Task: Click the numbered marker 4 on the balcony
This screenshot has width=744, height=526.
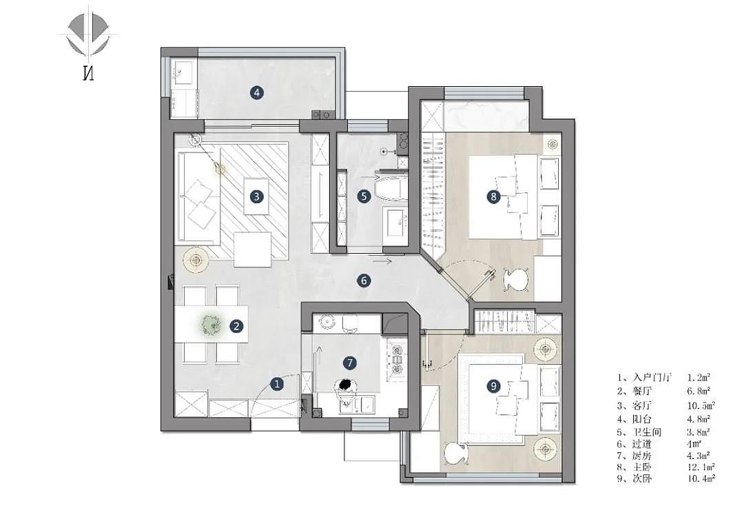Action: coord(257,92)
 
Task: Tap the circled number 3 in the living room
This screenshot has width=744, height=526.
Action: coord(256,196)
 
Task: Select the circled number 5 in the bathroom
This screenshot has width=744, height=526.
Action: coord(364,196)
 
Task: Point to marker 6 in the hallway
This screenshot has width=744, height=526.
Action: coord(364,281)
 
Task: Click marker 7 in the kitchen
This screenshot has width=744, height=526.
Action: coord(350,363)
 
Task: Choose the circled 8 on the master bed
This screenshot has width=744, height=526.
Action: coord(493,196)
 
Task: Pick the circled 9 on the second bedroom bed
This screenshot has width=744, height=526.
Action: coord(493,386)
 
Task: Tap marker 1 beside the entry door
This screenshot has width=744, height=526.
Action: coord(277,383)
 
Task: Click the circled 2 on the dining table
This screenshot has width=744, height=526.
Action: coord(236,325)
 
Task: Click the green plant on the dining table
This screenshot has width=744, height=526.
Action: coord(209,325)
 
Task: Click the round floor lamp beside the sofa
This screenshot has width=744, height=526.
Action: coord(196,260)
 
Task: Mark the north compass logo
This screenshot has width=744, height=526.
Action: coord(87,45)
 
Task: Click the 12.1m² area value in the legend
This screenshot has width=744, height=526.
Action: coord(701,467)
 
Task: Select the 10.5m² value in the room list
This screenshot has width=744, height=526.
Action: coord(701,405)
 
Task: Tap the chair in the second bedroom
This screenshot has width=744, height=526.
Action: coord(457,453)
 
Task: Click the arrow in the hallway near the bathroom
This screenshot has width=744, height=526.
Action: coord(382,261)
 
